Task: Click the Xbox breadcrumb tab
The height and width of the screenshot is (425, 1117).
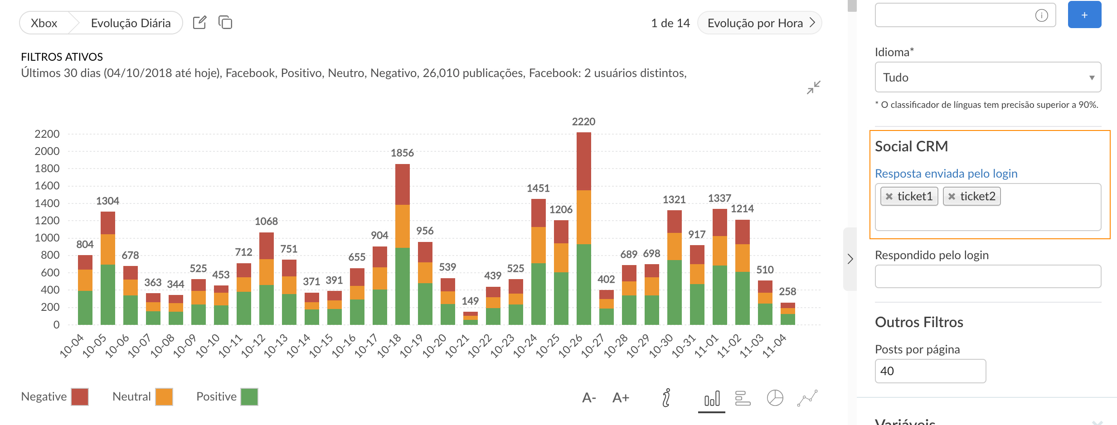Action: (44, 23)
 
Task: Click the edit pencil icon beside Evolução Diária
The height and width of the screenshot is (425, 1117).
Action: (199, 23)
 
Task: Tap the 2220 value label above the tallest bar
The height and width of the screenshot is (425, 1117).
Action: (583, 122)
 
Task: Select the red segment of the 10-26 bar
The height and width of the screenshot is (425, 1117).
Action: (583, 161)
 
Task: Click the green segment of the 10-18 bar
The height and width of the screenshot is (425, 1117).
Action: (402, 286)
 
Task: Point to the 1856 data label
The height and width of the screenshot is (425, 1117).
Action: (402, 153)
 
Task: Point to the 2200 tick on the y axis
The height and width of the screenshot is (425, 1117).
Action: (47, 134)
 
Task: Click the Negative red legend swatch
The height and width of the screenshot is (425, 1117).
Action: (80, 397)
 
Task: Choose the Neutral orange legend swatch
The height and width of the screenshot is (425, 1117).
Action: (164, 397)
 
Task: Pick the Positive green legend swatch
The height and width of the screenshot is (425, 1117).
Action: (249, 397)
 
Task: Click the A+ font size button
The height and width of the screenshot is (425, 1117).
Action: (621, 398)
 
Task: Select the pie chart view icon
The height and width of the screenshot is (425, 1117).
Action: (775, 398)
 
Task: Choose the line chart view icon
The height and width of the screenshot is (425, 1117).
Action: (807, 398)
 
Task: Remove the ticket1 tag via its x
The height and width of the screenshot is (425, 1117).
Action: (889, 197)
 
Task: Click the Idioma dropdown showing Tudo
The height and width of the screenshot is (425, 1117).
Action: (988, 77)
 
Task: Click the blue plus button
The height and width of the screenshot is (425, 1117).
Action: (1084, 15)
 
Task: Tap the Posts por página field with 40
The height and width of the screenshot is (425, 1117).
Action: (930, 371)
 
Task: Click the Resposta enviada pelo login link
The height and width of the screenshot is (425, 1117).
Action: (946, 174)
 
